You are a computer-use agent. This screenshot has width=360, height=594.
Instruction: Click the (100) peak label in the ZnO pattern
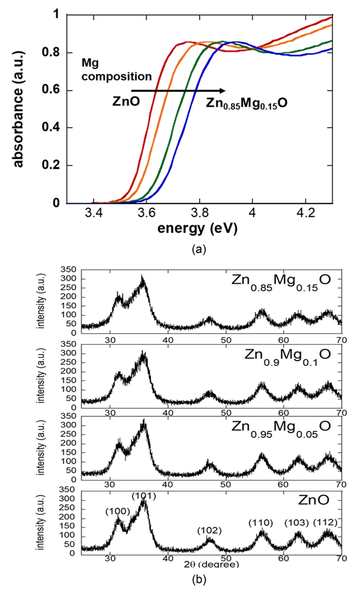(x=118, y=511)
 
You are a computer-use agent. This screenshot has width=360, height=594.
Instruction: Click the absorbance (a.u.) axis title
(x=19, y=109)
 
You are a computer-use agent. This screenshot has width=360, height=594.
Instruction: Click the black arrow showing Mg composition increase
(x=178, y=90)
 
